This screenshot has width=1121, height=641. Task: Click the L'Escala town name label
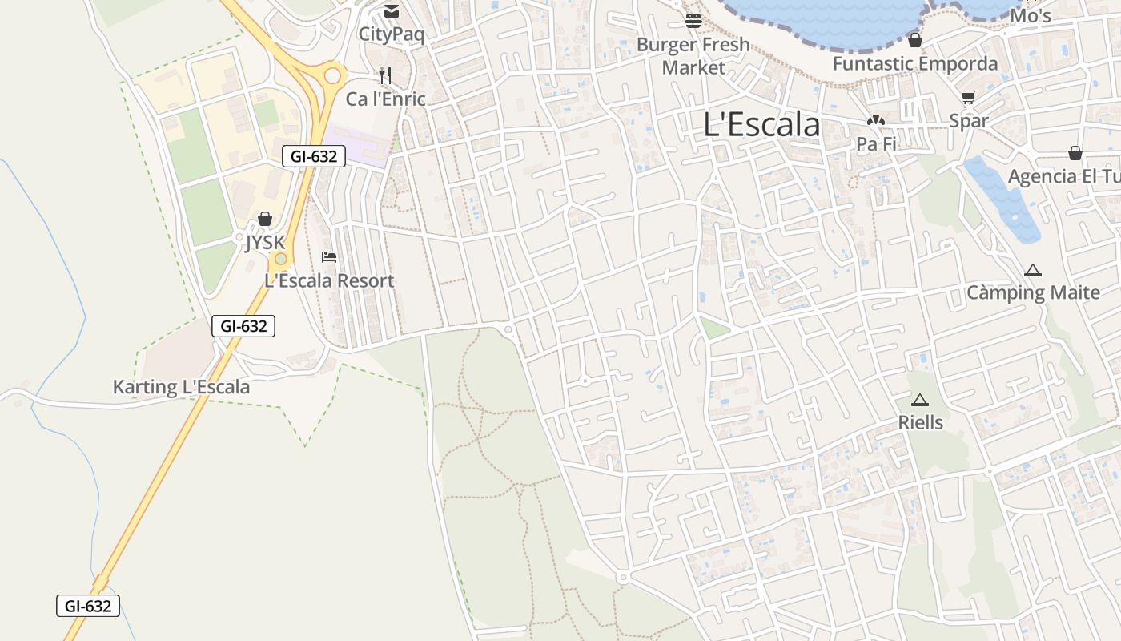[761, 125]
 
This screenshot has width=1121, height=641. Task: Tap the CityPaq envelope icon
[391, 11]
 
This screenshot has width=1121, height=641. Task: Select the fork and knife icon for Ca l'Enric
[385, 75]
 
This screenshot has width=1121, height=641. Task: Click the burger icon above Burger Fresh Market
[693, 20]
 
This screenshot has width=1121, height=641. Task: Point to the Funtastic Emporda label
[915, 63]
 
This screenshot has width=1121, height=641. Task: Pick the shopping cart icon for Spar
[969, 98]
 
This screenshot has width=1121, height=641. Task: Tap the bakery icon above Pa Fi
[875, 121]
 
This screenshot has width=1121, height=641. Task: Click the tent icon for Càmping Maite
[1033, 270]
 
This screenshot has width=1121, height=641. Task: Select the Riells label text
[920, 422]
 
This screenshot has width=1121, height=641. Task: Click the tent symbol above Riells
[919, 399]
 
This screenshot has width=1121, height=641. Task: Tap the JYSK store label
[265, 242]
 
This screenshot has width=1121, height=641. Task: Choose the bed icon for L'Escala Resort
[328, 257]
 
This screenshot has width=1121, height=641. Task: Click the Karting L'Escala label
[181, 387]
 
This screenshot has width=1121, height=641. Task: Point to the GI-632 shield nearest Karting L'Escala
[243, 326]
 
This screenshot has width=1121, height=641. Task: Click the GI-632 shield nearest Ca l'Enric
[314, 156]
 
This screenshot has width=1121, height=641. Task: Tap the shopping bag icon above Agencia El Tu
[1075, 153]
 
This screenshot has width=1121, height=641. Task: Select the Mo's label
[1030, 16]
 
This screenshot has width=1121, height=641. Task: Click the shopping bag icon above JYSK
[265, 219]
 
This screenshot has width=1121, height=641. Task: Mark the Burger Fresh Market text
[693, 56]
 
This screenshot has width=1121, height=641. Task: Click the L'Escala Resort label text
[329, 281]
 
